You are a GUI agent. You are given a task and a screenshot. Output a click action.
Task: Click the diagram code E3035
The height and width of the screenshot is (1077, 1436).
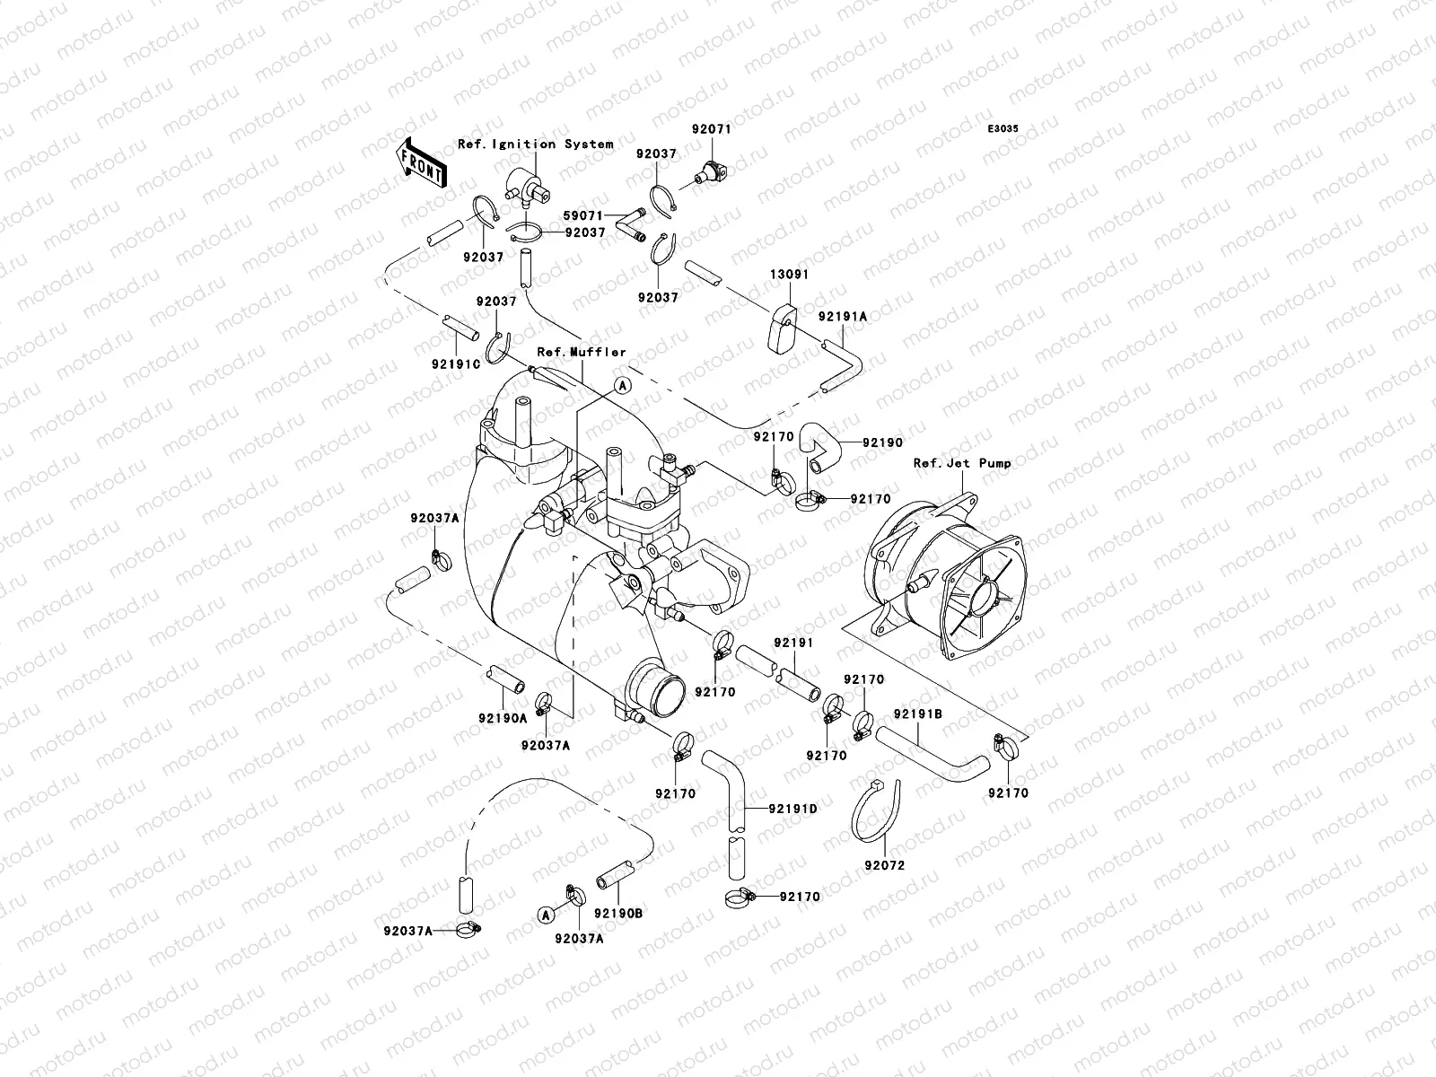tap(1003, 129)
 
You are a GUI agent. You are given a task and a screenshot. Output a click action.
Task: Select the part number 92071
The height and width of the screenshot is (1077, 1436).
tap(711, 129)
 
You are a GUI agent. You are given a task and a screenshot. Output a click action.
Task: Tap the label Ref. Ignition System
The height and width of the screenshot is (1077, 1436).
tap(536, 144)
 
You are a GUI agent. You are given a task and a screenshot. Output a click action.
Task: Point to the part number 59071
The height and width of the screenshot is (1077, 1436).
tap(582, 215)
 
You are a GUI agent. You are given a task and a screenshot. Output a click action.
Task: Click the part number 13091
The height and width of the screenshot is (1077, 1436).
tap(789, 275)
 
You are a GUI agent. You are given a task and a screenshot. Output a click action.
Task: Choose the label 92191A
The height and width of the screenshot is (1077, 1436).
tap(842, 317)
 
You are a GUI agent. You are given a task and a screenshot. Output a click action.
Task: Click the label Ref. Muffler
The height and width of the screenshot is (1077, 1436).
tap(582, 352)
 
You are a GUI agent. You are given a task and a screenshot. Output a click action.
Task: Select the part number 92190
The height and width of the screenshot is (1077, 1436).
tap(882, 442)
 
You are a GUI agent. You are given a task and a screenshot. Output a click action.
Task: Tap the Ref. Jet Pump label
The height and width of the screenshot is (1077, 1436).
tap(962, 463)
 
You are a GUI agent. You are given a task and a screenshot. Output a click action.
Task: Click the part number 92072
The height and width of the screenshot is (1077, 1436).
tap(885, 866)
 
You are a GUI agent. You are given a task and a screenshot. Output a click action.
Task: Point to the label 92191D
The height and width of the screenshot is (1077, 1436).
tap(792, 809)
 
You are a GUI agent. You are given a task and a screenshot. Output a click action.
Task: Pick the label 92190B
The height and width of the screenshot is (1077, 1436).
tap(618, 913)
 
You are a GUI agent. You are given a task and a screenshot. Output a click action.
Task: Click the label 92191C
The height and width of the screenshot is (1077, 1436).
tap(456, 364)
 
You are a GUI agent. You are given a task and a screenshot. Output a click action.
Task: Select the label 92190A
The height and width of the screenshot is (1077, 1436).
tap(503, 719)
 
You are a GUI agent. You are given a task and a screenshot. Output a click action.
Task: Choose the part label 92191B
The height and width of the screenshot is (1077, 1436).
tap(918, 714)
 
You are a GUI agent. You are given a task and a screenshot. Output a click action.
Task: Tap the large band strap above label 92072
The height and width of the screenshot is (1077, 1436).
tap(876, 810)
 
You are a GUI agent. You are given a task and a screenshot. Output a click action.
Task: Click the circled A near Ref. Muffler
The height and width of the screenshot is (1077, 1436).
tap(622, 387)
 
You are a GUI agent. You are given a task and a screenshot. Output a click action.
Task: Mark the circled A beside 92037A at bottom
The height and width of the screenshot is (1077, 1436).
tap(547, 915)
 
